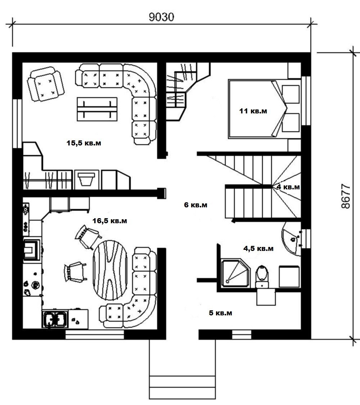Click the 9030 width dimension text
point(161,17)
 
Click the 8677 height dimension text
point(346,196)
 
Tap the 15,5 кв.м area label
point(84,143)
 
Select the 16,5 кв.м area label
point(110,221)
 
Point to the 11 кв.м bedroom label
point(253,111)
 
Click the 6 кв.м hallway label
point(195,205)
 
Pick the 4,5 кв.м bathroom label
point(258,248)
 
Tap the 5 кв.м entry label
point(220,313)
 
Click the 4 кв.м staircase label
point(288,187)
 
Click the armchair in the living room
point(46,84)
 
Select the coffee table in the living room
point(97,109)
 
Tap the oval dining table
point(110,270)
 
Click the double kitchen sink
point(55,319)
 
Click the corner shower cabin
point(236,273)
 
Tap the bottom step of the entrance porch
point(182,393)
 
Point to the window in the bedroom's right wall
point(306,100)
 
